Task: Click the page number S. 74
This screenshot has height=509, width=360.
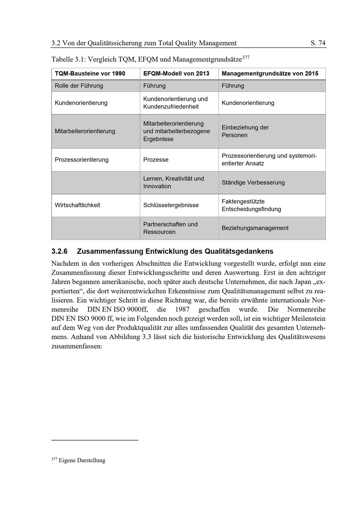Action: (x=318, y=43)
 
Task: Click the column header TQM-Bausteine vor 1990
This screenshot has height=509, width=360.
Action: (x=90, y=73)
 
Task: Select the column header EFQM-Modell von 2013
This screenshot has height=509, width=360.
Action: (x=176, y=73)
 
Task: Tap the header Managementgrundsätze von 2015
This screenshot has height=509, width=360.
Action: (x=270, y=73)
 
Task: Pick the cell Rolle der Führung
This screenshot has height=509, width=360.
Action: (x=79, y=86)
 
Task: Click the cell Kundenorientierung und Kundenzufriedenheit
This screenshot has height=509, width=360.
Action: (x=175, y=103)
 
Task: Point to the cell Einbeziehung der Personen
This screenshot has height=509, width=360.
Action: (x=245, y=131)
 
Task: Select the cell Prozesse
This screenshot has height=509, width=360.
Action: (x=156, y=159)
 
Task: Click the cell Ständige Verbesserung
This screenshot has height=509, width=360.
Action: (x=253, y=183)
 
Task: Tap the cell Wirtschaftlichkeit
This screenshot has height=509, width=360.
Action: (x=77, y=205)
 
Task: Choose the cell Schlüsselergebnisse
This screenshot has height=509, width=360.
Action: (x=171, y=205)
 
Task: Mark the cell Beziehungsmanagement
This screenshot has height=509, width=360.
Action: (x=255, y=228)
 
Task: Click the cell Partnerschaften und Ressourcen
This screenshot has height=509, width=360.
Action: (x=170, y=228)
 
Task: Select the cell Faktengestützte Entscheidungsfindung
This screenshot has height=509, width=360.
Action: (x=251, y=205)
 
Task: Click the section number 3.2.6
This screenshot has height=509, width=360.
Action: (x=59, y=251)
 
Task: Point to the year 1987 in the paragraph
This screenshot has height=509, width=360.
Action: (x=182, y=310)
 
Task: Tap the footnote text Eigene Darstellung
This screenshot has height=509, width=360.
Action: (x=82, y=460)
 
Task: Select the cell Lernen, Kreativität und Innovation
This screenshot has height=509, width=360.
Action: (x=174, y=183)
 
